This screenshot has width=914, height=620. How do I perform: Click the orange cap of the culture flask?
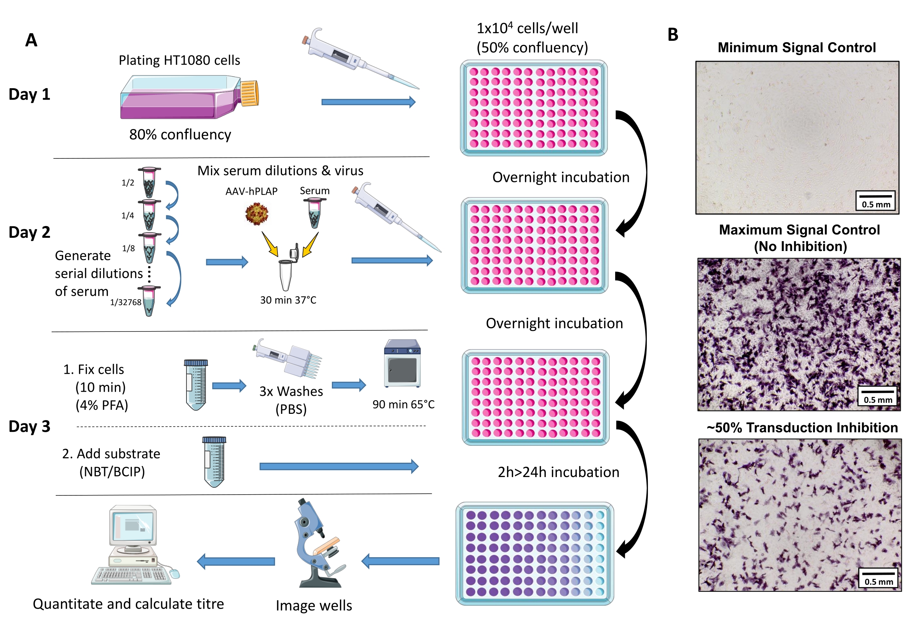[x=249, y=93]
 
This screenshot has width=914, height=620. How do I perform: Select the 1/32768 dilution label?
[x=126, y=302]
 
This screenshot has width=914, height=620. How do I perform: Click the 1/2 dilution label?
[x=128, y=183]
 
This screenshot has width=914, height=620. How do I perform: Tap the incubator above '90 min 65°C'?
[x=402, y=363]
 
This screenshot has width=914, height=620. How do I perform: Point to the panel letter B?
[x=673, y=35]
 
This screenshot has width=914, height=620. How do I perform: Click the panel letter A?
[x=32, y=40]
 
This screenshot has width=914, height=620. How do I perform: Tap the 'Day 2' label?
[x=29, y=232]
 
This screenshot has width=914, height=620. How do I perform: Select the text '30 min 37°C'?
[x=288, y=300]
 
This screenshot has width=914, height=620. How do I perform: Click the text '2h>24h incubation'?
[x=558, y=472]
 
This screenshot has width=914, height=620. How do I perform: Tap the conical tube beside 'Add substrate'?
[x=214, y=461]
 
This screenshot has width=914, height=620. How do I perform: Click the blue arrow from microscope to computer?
[x=236, y=561]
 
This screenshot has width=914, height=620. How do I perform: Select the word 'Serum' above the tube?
[x=315, y=191]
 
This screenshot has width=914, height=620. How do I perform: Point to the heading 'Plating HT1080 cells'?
[x=179, y=60]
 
